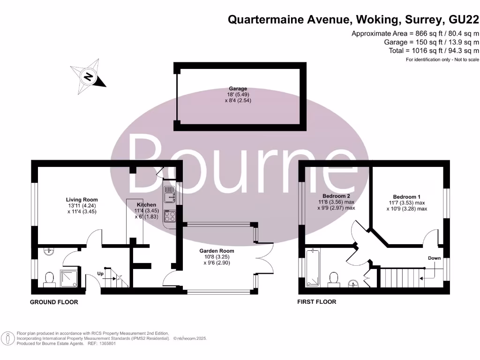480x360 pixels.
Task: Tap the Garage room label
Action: point(238,89)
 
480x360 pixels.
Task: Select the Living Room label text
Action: point(82,200)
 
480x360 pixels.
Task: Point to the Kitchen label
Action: point(146,205)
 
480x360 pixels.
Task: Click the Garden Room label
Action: point(217,251)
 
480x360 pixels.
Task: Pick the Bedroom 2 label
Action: point(336,195)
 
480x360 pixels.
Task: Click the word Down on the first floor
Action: point(434,258)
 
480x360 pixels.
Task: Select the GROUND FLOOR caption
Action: point(54,302)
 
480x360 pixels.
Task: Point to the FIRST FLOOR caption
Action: point(317,302)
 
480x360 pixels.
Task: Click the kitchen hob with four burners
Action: point(169,217)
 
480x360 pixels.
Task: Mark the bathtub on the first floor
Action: point(312,268)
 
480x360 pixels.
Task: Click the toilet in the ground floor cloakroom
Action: point(49,279)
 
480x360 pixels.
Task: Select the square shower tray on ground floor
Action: point(70,277)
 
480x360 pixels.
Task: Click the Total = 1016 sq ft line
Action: point(434,51)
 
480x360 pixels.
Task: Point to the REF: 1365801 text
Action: point(100,344)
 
